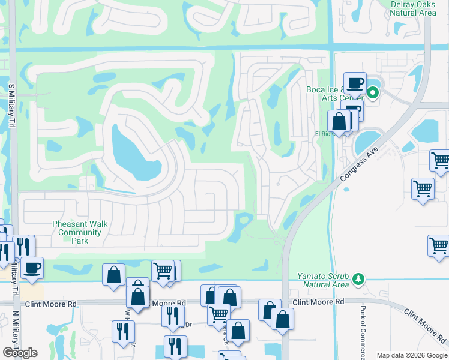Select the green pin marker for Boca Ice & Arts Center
(x=372, y=92)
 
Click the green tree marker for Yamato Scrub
(x=358, y=279)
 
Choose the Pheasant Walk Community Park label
(x=80, y=232)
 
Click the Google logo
(x=20, y=352)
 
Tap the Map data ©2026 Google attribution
(x=411, y=355)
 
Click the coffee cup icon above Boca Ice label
(x=355, y=82)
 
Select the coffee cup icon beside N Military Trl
(x=32, y=267)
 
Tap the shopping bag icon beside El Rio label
(x=339, y=121)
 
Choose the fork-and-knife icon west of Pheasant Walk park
(x=23, y=246)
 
